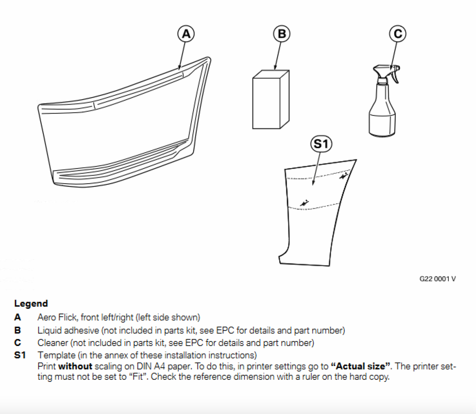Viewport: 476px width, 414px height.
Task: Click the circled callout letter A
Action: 186,34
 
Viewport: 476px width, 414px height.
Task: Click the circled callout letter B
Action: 282,34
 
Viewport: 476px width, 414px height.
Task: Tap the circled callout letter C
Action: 398,34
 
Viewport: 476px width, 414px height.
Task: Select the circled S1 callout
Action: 321,144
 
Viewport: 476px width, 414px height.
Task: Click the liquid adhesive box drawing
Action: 271,99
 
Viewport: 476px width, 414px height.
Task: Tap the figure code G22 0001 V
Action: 438,279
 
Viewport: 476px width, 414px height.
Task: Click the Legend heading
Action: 31,304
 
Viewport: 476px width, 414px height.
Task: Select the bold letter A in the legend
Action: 18,317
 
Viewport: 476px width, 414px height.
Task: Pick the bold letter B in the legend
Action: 18,330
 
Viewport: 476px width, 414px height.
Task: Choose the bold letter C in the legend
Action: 18,343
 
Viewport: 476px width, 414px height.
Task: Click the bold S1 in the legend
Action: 20,355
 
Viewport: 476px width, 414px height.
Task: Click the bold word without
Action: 75,366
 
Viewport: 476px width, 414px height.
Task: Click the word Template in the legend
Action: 57,355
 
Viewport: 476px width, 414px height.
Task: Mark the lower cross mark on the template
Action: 304,203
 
